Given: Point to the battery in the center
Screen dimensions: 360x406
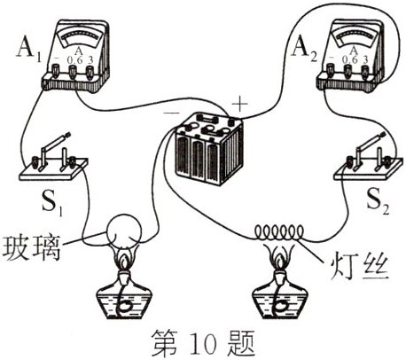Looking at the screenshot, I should (207, 146).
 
